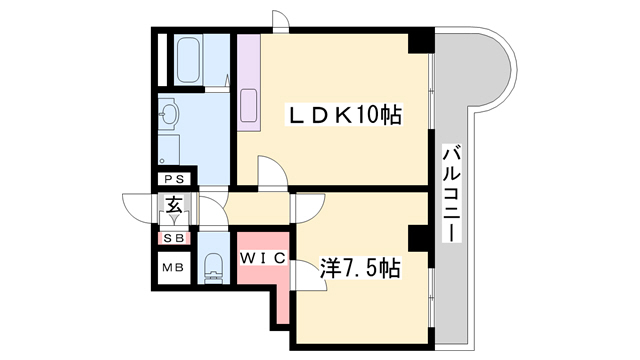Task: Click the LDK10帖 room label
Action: pos(345,115)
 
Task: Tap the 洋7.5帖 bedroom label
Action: pos(359,268)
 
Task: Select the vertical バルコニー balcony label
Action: pos(452,193)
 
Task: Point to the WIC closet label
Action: pos(262,258)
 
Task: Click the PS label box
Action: pos(174,179)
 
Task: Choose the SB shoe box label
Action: pos(174,238)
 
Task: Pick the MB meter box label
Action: pos(173,268)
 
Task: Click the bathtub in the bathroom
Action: pos(188,60)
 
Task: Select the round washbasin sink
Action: pos(169,111)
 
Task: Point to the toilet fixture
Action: pos(213,268)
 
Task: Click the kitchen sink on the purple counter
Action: pos(249,105)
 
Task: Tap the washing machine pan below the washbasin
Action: pos(169,150)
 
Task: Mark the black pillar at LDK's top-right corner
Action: pos(421,41)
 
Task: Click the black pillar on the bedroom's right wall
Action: pos(419,238)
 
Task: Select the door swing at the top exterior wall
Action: pos(281,19)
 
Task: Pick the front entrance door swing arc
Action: pos(139,209)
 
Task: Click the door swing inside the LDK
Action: pos(273,171)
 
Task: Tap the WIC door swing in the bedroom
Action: pos(310,276)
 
